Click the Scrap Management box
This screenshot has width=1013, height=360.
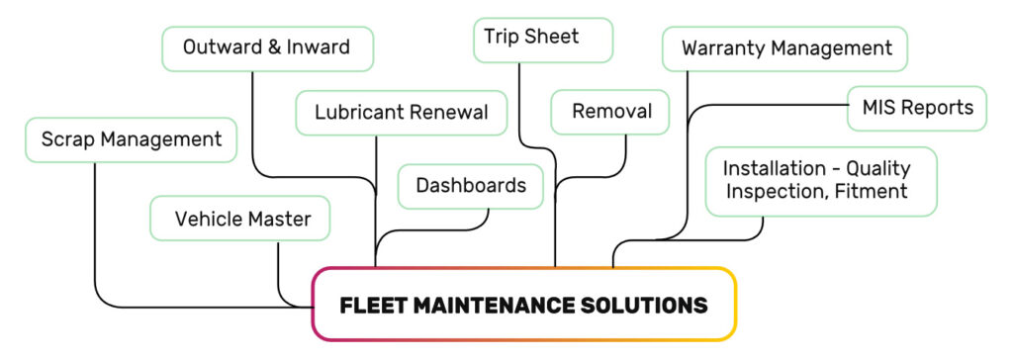[x=131, y=139]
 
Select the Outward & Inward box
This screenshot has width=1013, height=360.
[x=267, y=48]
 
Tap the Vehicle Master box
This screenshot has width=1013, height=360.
[x=240, y=219]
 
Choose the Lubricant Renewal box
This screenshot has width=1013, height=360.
[x=402, y=112]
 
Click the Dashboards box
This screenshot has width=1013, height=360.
[x=471, y=186]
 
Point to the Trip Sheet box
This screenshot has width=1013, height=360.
[x=532, y=38]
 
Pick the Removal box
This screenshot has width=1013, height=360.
[x=610, y=111]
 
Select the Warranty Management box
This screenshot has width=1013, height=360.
[x=785, y=48]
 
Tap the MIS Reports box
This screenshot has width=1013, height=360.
[x=917, y=107]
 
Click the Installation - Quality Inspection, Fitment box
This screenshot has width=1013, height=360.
[x=820, y=180]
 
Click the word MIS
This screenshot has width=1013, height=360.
[x=880, y=107]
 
